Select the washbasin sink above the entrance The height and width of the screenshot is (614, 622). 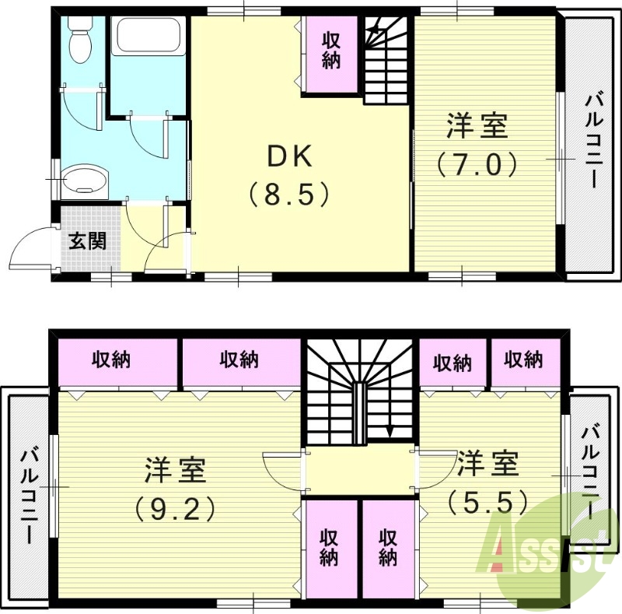pos(82,180)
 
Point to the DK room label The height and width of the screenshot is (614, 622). pos(289,157)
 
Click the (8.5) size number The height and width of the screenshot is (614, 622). pos(290,194)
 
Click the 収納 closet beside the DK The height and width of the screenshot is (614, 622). pos(330,51)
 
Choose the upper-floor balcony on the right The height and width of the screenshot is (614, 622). pos(591,140)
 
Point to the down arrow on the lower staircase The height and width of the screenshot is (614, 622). pos(390,430)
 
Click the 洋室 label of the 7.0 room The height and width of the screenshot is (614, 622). pos(477,126)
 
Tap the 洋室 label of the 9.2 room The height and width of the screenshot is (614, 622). pos(174,470)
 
